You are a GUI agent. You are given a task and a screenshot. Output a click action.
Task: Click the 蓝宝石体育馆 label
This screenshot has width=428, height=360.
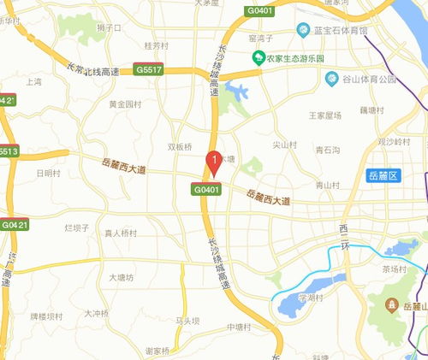338,31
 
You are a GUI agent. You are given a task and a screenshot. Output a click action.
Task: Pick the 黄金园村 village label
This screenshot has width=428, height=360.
125,104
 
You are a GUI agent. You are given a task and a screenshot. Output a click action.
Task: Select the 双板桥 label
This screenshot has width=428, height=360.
180,146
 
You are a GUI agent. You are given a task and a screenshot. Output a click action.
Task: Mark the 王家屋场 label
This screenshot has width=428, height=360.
324,115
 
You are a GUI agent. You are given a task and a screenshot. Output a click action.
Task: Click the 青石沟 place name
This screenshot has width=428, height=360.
327,149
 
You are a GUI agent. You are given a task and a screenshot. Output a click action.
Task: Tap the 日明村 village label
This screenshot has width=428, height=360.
49,173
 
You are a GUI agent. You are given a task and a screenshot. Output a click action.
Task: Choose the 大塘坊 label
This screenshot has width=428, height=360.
122,277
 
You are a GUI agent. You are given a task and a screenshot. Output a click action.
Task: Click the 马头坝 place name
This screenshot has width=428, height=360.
187,321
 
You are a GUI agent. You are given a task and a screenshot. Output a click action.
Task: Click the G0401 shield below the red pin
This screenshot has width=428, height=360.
207,188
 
